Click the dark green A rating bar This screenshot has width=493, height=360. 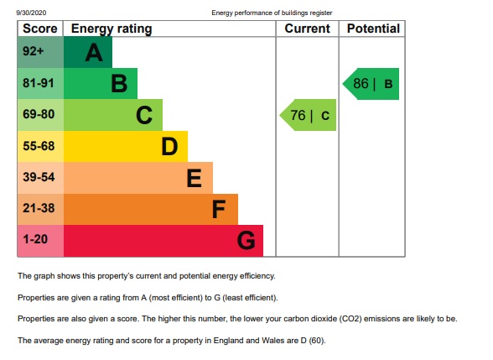tap(87, 53)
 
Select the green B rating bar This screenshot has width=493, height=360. tap(100, 84)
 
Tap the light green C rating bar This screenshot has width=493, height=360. tap(112, 115)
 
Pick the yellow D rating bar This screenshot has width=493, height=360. tap(125, 147)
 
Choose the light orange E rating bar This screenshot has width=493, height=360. tap(138, 178)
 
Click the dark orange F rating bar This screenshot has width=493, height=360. tap(150, 209)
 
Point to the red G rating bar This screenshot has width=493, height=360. tap(163, 241)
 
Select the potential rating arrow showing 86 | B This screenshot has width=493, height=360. tap(371, 84)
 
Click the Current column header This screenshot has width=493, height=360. tap(307, 29)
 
